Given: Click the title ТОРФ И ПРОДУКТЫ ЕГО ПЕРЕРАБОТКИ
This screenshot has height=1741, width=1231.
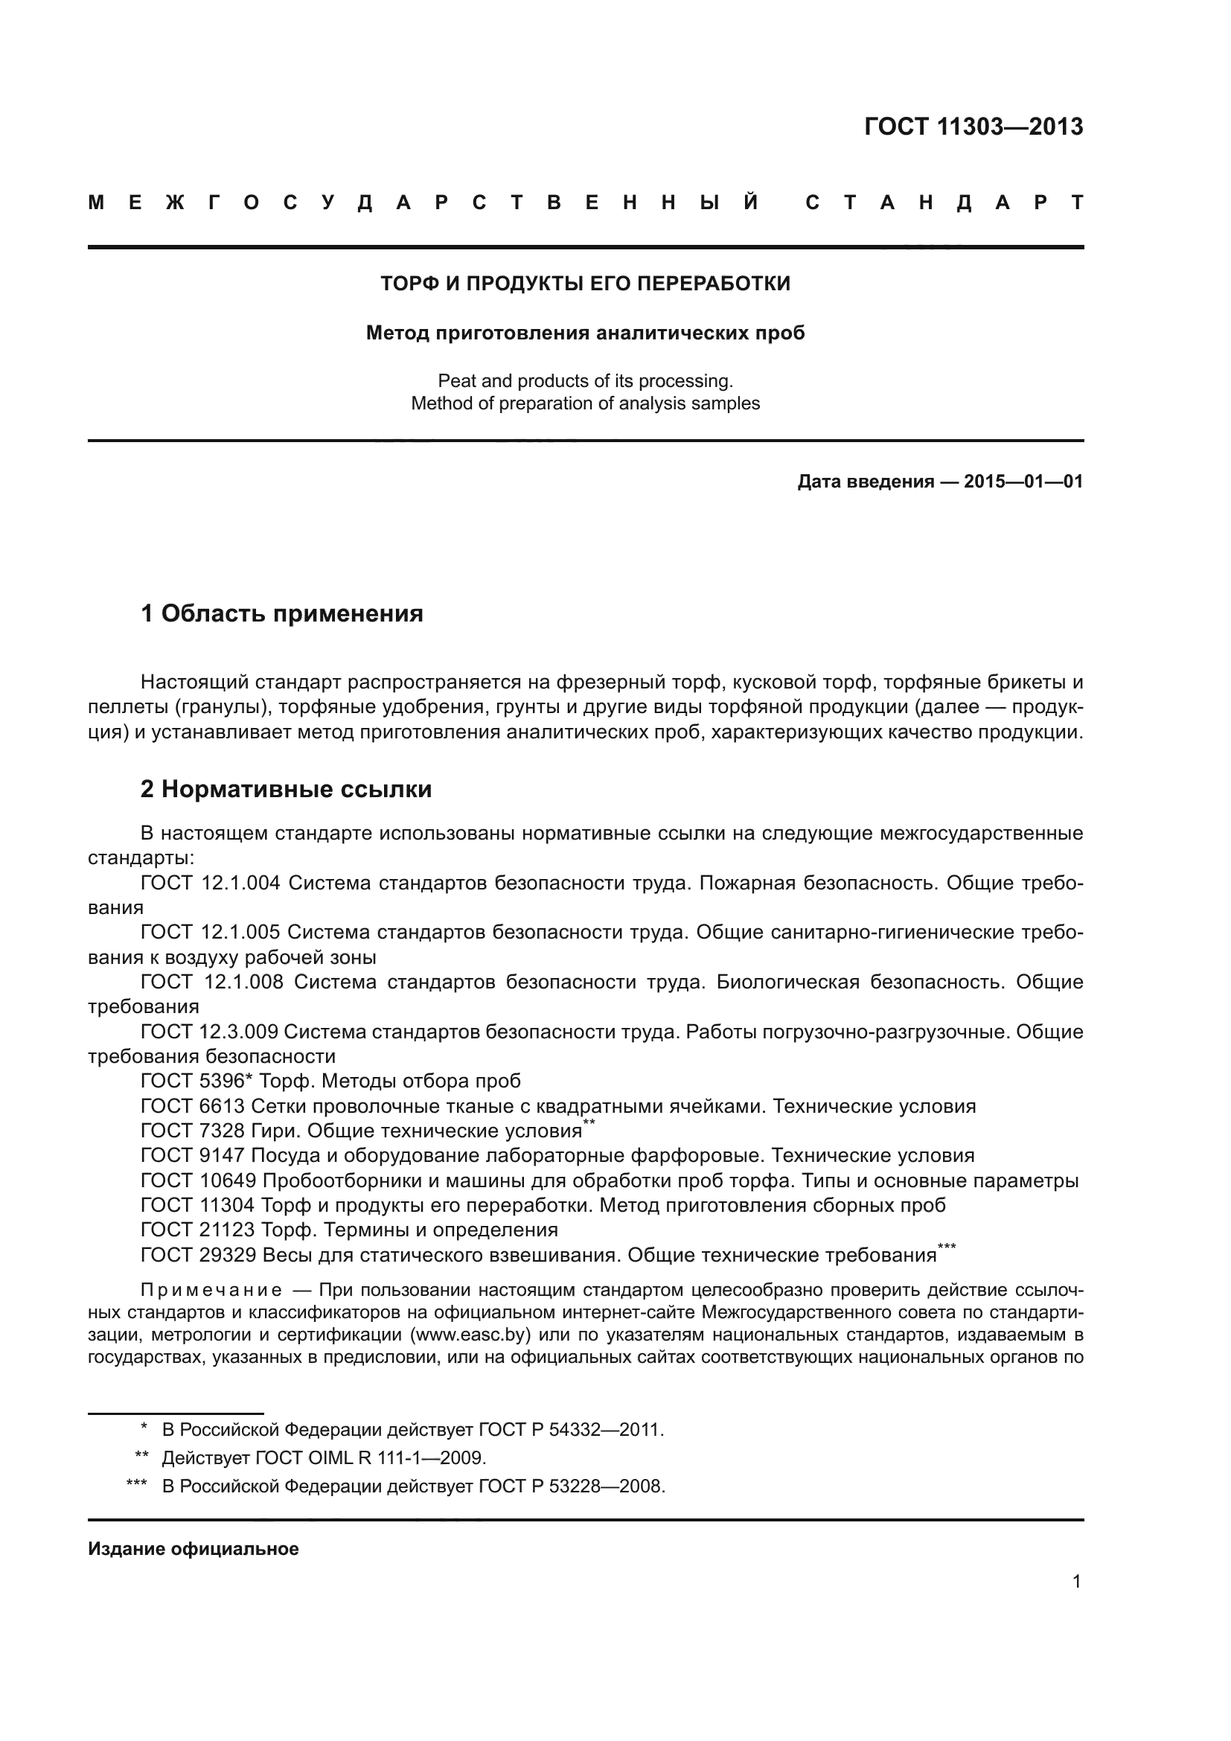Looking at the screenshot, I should (584, 284).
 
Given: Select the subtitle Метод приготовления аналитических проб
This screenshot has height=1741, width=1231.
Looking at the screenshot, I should (584, 333).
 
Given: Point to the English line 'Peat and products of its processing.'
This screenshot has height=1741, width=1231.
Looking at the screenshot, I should (584, 380).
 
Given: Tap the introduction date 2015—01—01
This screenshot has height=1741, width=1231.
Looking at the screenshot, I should (1023, 482).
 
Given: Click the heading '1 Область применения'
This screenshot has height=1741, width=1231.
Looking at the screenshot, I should (281, 613).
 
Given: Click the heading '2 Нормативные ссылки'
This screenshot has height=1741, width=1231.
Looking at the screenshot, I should (286, 789).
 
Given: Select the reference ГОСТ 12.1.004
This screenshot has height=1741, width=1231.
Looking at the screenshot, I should (210, 883).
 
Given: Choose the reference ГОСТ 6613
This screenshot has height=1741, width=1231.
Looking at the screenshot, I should (193, 1105).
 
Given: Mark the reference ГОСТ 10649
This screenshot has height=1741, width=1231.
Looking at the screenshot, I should (199, 1181).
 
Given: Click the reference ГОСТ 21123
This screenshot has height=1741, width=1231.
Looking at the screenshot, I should (198, 1230).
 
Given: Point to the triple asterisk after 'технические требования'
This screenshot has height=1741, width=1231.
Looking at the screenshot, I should (946, 1247).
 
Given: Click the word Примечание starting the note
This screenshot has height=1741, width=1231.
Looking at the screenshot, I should (211, 1291).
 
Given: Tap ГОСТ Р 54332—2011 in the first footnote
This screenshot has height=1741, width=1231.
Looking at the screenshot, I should (570, 1429).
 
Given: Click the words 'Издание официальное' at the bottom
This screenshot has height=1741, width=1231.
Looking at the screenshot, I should (194, 1549).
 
